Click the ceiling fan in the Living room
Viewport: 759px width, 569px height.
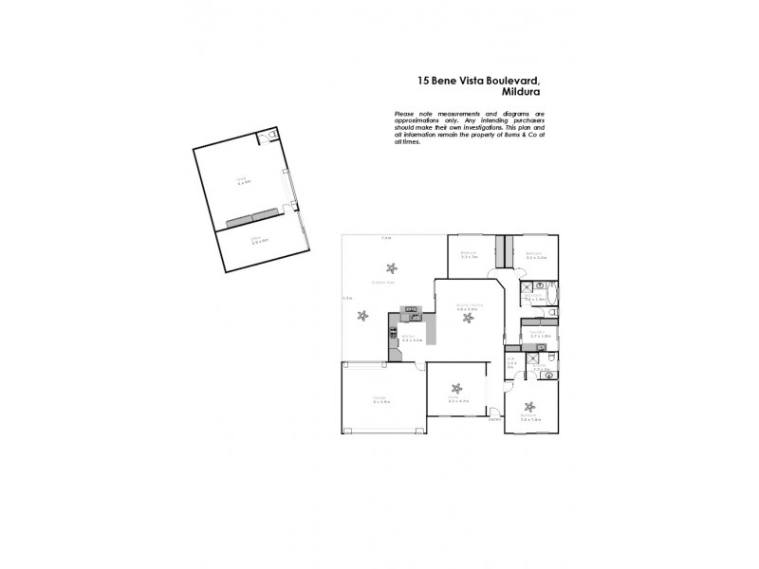[x=457, y=389]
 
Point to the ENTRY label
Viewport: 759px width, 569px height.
[x=494, y=419]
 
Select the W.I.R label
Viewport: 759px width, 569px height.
[x=511, y=362]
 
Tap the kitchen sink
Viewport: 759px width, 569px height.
[x=413, y=317]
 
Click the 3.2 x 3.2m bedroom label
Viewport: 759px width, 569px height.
[x=534, y=254]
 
